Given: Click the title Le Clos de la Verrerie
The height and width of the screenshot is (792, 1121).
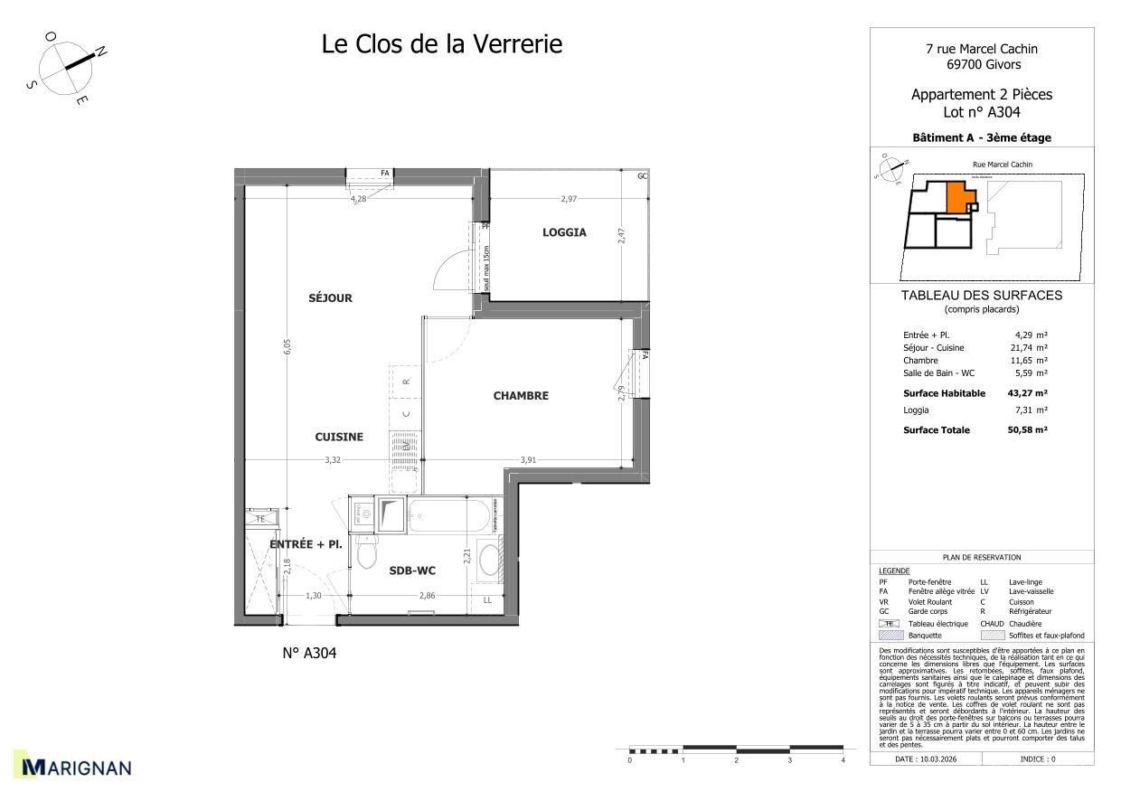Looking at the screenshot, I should pos(441,43).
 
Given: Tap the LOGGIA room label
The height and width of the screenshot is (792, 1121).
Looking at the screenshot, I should pos(564,232).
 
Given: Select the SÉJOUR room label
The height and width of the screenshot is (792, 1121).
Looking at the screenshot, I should pos(329,298).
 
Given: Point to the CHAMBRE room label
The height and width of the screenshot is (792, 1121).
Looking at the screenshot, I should pos(521,396).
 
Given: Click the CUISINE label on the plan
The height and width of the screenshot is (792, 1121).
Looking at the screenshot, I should pos(339,437).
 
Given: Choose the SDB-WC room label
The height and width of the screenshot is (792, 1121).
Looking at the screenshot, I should pos(414,570).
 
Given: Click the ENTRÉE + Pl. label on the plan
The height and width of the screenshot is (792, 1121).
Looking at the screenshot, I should pos(305,544).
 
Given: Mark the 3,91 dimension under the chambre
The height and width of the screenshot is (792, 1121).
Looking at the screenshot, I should pos(529,460).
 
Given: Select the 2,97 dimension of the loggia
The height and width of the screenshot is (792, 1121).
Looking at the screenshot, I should pos(568,198).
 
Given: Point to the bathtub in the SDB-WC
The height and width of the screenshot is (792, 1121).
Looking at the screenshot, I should pos(449,517).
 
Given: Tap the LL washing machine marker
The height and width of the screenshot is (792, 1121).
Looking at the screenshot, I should pos(487,599).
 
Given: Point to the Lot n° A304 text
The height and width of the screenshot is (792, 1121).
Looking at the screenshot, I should pos(981,112).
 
